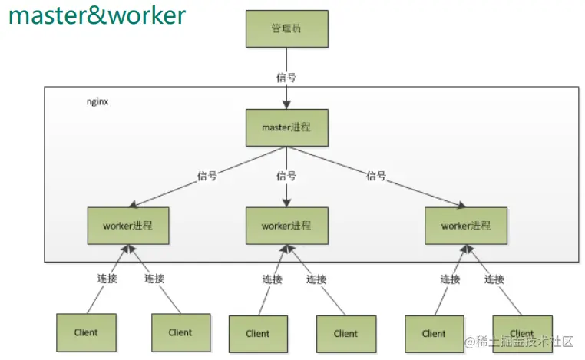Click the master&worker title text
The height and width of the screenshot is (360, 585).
97,15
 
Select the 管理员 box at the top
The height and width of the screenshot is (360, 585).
286,29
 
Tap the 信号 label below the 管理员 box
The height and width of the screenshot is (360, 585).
286,78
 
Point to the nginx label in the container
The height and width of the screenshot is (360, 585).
97,101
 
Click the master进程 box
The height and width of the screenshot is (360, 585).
286,127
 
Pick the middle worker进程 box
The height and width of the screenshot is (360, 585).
286,226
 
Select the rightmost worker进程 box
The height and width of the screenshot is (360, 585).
466,226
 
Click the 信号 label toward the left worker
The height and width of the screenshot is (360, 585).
207,176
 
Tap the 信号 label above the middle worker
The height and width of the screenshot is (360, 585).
286,176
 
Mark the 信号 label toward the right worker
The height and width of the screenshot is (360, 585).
375,176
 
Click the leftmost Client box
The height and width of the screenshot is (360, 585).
86,332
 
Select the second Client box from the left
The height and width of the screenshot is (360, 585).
180,332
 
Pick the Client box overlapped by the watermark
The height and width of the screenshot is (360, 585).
522,333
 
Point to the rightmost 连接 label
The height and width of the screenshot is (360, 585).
494,279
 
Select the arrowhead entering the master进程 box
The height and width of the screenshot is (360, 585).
286,105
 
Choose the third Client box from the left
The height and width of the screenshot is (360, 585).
258,333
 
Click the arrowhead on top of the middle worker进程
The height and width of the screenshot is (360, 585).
286,203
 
